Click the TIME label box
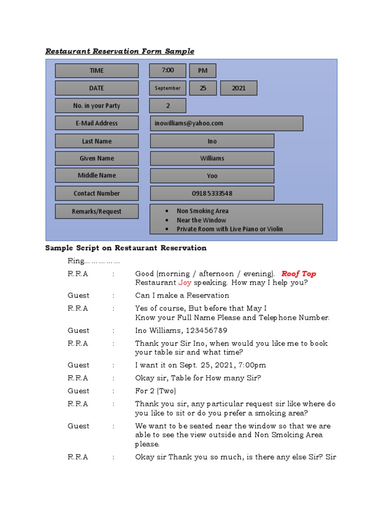(97, 70)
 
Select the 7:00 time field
(168, 70)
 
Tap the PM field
(202, 70)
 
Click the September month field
(168, 88)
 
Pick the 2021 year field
(239, 88)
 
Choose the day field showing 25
(203, 88)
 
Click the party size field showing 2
(168, 105)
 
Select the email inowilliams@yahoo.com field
(226, 123)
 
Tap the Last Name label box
(97, 141)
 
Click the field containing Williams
(212, 158)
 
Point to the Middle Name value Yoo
(212, 176)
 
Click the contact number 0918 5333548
(212, 193)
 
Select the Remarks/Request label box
(97, 211)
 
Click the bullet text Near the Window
(201, 220)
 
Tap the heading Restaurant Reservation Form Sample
(120, 51)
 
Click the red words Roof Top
(299, 273)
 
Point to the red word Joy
(185, 282)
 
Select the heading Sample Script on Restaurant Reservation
(126, 248)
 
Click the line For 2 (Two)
(156, 391)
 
